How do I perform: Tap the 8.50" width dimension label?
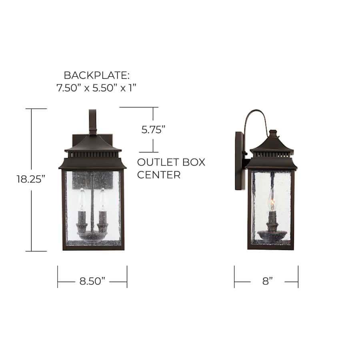92,281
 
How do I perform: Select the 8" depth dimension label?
268,281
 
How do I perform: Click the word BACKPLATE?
97,75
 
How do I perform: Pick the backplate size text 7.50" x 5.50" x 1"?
97,88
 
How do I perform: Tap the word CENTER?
159,175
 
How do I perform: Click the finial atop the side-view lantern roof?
272,132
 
